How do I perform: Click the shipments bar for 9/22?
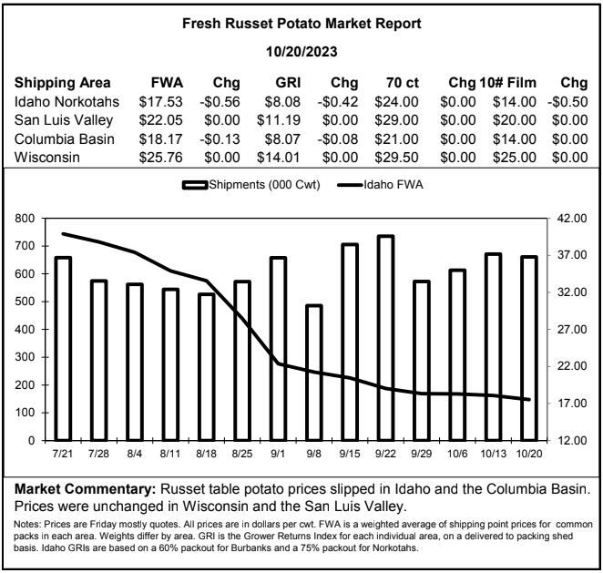[x=385, y=338]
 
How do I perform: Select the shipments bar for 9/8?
[x=314, y=373]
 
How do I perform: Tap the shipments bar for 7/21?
[x=63, y=348]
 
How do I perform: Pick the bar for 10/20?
[x=529, y=348]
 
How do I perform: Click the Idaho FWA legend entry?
[x=380, y=185]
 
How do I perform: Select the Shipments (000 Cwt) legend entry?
[x=250, y=185]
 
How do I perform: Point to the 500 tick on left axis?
[x=25, y=302]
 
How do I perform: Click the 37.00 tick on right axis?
[x=572, y=255]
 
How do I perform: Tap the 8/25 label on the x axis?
[x=242, y=454]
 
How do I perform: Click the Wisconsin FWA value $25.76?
[x=160, y=158]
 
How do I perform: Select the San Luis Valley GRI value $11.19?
[x=279, y=120]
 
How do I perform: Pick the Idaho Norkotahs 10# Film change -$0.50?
[x=567, y=102]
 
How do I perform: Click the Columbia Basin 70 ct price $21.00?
[x=396, y=138]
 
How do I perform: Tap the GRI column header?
[x=288, y=83]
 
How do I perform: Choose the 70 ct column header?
[x=403, y=83]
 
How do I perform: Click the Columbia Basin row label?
[x=65, y=138]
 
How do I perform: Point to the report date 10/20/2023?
[x=301, y=52]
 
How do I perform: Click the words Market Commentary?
[x=85, y=489]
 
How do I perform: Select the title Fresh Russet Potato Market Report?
[x=301, y=24]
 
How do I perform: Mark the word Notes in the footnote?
[x=27, y=524]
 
